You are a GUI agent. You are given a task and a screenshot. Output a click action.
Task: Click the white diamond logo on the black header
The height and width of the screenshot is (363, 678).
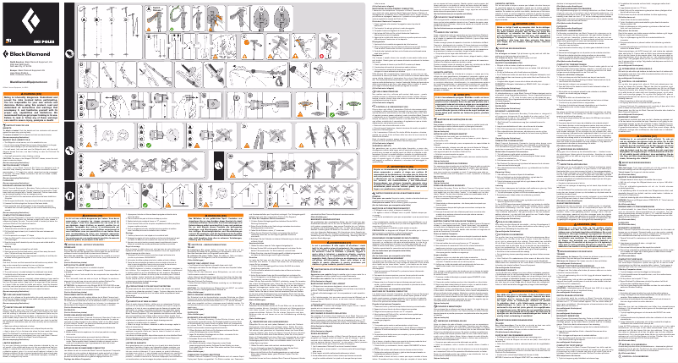tap(15, 23)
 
